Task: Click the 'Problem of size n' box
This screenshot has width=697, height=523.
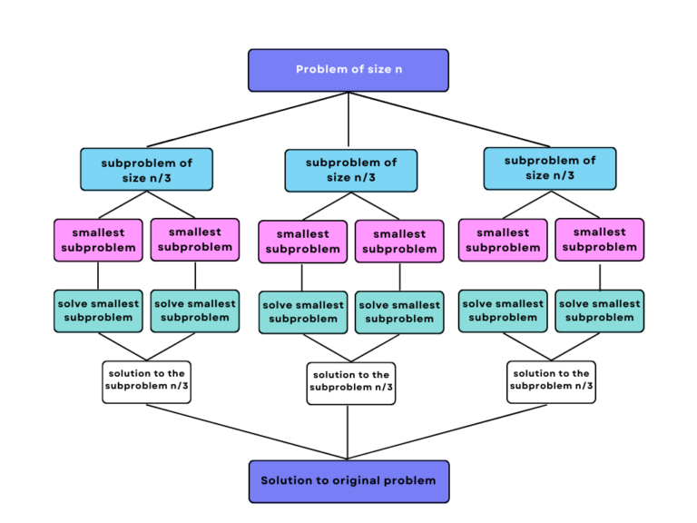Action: click(x=348, y=70)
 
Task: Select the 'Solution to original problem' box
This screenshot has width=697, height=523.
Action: click(x=348, y=480)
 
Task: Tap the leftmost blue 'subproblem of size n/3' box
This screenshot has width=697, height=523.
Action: click(x=146, y=170)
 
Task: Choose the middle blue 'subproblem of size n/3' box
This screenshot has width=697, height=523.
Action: click(x=351, y=171)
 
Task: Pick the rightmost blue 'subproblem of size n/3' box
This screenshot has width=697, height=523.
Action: click(x=550, y=168)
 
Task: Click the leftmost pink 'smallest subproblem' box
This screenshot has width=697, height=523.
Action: click(x=98, y=240)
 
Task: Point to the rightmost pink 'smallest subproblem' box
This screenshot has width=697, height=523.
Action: click(x=600, y=240)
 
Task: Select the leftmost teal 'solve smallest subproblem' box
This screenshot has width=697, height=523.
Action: click(x=98, y=311)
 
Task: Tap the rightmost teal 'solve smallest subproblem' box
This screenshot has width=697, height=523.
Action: click(x=600, y=311)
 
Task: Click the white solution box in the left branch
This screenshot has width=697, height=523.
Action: click(x=146, y=380)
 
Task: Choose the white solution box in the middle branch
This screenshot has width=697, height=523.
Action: click(x=351, y=382)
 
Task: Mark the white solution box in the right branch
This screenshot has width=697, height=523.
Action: click(x=551, y=380)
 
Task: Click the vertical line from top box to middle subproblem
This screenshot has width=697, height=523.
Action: click(x=348, y=120)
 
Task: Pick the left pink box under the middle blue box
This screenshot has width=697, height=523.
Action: click(x=302, y=242)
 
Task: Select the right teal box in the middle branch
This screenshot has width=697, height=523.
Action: click(x=399, y=312)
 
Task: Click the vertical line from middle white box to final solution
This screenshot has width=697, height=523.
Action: click(x=348, y=432)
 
